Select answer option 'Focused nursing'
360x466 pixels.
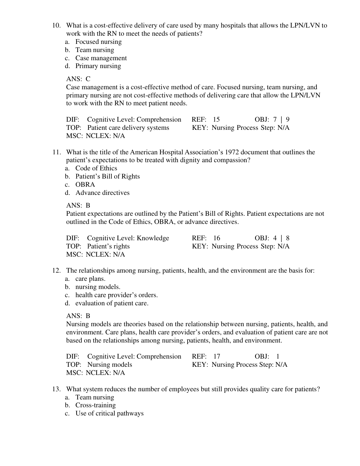tap(98, 42)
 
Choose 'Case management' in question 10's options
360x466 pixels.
tap(101, 58)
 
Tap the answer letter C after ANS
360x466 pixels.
tap(88, 79)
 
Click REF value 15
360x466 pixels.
tap(216, 120)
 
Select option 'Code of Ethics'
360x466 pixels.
tap(96, 168)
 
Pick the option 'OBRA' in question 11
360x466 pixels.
tap(85, 185)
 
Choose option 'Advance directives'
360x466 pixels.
tap(102, 193)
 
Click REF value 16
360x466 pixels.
tap(217, 238)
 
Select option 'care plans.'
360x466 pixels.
tap(90, 279)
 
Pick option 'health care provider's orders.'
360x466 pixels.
tap(116, 295)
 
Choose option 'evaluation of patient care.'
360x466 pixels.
tap(112, 303)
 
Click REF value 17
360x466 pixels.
tap(217, 356)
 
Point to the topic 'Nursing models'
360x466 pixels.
tap(110, 365)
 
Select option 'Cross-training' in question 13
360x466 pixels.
tap(95, 405)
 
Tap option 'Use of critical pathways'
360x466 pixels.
tap(110, 413)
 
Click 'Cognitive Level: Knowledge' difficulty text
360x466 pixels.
tap(128, 238)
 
